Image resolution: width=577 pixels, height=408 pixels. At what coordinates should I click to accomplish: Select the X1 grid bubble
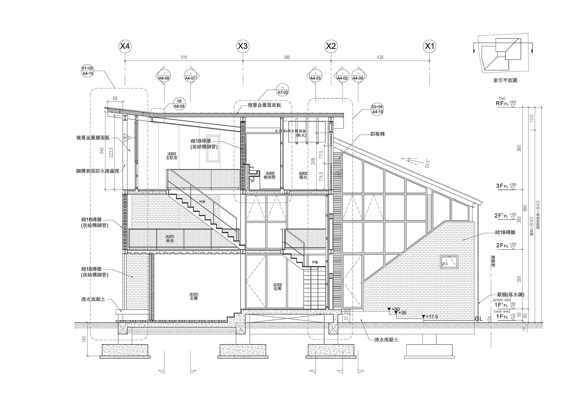click(429, 46)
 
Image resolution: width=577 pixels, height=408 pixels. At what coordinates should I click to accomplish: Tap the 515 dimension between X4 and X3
click(184, 58)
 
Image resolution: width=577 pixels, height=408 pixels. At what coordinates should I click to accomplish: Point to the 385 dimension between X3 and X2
click(287, 58)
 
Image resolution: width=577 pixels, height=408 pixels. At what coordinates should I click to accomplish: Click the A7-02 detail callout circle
click(282, 90)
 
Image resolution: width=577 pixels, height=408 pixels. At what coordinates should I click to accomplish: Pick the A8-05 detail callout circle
click(179, 104)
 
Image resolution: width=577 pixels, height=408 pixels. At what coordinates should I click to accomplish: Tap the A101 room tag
click(194, 294)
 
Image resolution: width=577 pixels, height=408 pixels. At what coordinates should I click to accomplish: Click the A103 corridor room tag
click(277, 285)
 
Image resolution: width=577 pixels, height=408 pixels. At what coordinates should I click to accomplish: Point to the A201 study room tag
click(170, 236)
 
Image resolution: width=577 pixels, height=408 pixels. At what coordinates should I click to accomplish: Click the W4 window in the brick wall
click(449, 262)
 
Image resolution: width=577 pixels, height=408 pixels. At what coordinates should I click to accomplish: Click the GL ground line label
click(479, 319)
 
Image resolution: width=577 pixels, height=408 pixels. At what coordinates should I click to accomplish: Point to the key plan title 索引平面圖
click(505, 80)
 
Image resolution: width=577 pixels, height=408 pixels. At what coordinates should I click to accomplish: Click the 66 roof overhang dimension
click(115, 98)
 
